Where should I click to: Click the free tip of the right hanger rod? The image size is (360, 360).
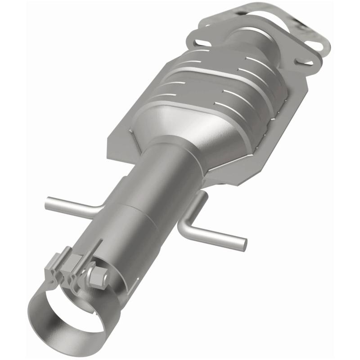click(244, 243)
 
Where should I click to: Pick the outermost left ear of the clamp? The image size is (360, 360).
click(51, 266)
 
